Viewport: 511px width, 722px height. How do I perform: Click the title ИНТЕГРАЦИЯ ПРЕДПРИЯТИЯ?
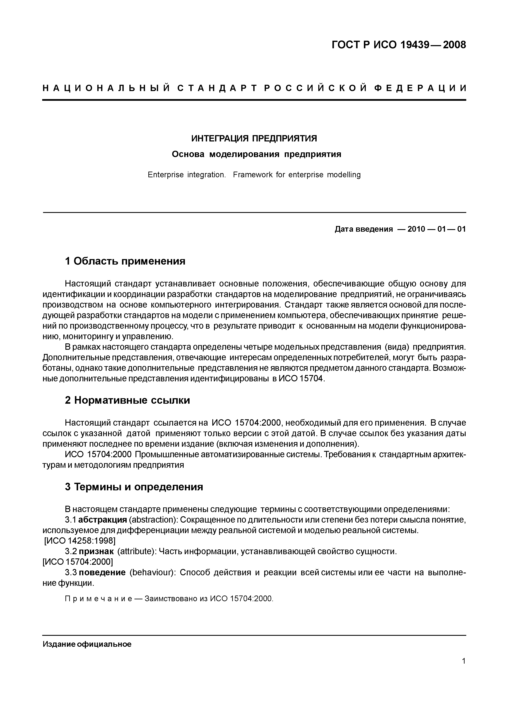click(254, 138)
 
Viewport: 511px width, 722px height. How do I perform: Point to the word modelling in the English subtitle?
click(343, 175)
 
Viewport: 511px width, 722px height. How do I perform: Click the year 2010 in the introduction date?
click(416, 229)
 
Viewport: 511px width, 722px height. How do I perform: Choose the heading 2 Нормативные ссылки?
click(127, 400)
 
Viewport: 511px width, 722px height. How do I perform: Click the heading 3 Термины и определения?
click(134, 487)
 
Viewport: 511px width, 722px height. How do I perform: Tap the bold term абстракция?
click(102, 520)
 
